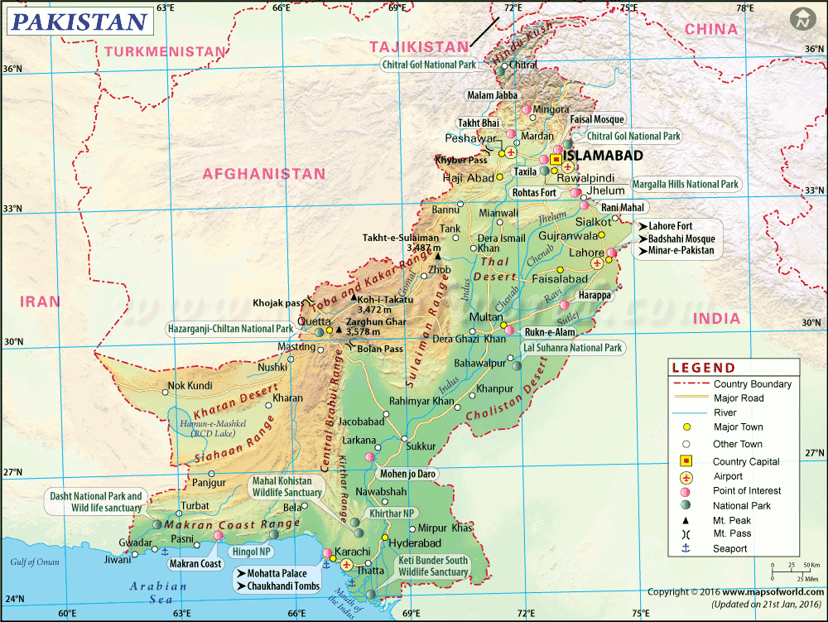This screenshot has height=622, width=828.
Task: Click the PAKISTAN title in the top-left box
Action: [x=79, y=22]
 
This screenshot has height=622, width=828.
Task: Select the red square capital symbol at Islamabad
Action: [x=556, y=158]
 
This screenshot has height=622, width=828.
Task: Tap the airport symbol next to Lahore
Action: [x=597, y=263]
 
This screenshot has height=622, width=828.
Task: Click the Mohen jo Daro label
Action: [x=407, y=475]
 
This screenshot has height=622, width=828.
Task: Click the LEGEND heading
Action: [x=703, y=368]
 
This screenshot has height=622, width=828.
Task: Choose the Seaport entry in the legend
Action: [x=730, y=548]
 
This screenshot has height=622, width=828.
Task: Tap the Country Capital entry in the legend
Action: [x=746, y=461]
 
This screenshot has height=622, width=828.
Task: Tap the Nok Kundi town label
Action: [x=190, y=385]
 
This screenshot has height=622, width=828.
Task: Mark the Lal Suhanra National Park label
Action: [x=573, y=348]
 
